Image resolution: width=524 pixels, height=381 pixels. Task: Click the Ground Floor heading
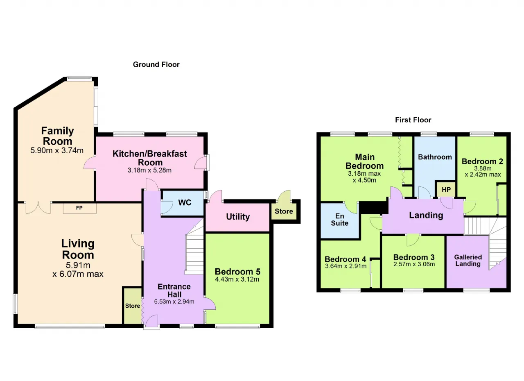(x=156, y=65)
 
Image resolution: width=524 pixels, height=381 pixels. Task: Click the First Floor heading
(x=413, y=120)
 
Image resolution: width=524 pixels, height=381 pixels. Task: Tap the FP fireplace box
(x=79, y=208)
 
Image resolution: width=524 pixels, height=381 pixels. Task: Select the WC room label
(x=185, y=202)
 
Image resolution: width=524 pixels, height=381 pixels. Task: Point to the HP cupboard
(x=446, y=189)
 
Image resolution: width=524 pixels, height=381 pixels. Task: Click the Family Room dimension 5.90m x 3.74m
(x=57, y=150)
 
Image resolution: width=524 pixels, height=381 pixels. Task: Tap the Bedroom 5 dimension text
(x=237, y=279)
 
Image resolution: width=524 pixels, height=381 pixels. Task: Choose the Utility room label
(x=238, y=217)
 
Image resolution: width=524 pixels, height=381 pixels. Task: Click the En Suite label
(x=339, y=220)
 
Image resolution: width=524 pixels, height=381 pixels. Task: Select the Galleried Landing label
(x=468, y=261)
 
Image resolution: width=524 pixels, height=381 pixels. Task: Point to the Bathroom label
(x=435, y=157)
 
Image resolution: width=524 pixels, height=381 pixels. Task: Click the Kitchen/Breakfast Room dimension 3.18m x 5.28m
(x=149, y=170)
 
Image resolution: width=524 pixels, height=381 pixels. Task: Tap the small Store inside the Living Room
(x=132, y=306)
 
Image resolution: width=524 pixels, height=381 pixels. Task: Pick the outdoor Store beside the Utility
(x=284, y=211)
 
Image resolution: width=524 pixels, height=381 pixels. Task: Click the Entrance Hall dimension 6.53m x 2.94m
(x=174, y=302)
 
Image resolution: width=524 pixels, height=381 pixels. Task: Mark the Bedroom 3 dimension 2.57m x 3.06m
(x=414, y=265)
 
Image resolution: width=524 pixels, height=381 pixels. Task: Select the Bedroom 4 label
(x=345, y=259)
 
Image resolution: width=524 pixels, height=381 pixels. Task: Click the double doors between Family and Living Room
(x=38, y=208)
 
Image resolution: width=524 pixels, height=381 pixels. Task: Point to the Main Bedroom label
(x=364, y=161)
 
